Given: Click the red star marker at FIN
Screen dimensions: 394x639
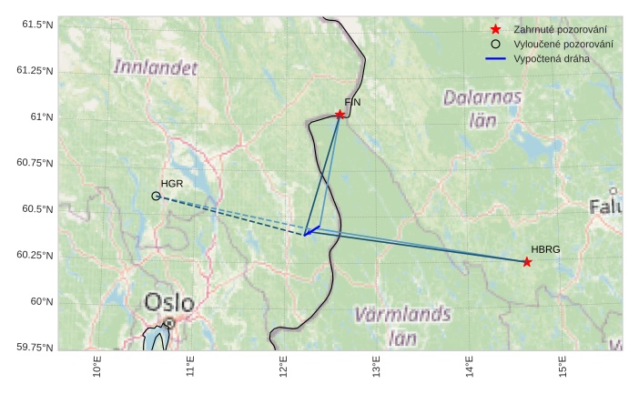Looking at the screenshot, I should [x=340, y=115].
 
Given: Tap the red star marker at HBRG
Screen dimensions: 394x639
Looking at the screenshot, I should [x=527, y=262].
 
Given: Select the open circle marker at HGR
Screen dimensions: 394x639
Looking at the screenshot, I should [x=156, y=196].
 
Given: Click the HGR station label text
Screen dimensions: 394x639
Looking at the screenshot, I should [x=172, y=184].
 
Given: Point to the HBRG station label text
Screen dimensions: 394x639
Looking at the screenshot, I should [x=545, y=249].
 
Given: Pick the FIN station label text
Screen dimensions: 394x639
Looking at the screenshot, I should [x=352, y=103].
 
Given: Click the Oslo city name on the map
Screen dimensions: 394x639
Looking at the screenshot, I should [x=169, y=302].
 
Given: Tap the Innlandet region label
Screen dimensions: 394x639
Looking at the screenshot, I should [x=156, y=67].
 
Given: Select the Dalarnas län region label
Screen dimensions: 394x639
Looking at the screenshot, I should [x=482, y=107].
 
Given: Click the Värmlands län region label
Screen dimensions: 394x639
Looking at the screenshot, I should [x=402, y=326].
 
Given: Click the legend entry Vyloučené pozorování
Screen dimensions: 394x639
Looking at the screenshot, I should [x=563, y=44].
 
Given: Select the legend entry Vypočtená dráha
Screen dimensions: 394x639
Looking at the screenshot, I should [x=552, y=58].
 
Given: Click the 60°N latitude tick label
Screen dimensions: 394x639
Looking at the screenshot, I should [x=41, y=301].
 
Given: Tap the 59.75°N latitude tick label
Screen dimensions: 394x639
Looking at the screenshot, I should [x=35, y=348].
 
